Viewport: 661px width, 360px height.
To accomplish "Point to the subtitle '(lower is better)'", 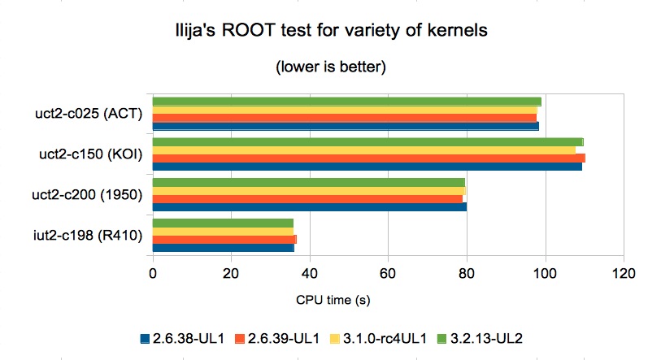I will tap(330, 67).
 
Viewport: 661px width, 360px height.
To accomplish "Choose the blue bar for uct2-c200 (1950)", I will tap(309, 206).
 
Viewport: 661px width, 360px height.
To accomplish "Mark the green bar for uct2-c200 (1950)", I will tap(308, 182).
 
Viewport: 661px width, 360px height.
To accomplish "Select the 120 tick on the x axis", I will tap(623, 272).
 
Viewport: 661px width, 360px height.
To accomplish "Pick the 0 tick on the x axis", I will tap(153, 272).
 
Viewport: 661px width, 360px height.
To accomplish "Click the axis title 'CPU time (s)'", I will tap(333, 300).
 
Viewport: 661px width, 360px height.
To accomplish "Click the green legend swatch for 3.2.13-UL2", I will tap(442, 336).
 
